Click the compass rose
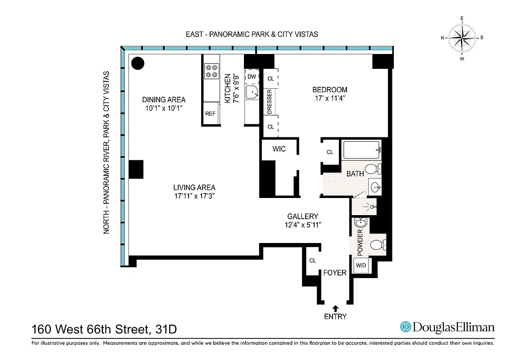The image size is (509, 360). (462, 38)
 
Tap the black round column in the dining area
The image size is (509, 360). (138, 63)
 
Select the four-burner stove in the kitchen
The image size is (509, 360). (212, 71)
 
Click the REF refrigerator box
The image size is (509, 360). (211, 114)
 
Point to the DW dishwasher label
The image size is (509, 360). (252, 77)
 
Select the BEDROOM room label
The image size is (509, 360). (330, 90)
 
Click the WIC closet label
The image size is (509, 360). (279, 149)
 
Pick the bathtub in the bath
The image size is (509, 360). (362, 150)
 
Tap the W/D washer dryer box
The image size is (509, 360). (361, 265)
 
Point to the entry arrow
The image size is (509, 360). (335, 308)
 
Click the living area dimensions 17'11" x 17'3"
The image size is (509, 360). (194, 196)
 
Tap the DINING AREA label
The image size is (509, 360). (164, 99)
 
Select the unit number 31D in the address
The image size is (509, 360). (164, 329)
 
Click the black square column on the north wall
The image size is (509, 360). (136, 169)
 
